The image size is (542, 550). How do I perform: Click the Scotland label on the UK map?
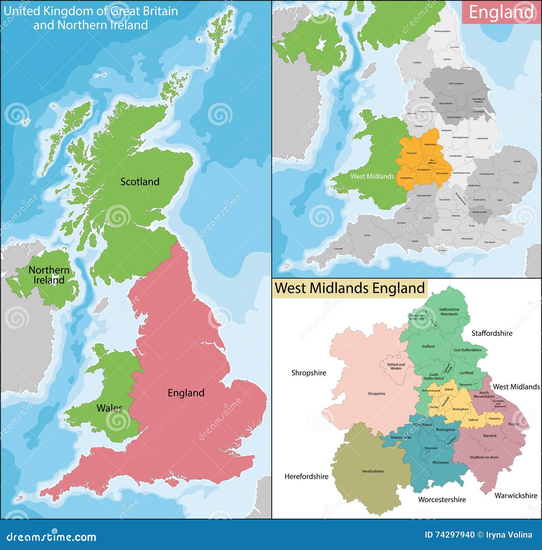tap(140, 182)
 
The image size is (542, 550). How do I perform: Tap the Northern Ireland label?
tap(49, 275)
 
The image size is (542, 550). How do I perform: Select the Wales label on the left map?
tap(109, 408)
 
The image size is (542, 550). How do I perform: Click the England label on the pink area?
tap(186, 393)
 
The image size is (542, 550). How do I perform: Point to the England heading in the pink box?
tap(501, 12)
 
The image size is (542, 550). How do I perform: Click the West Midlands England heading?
tap(350, 288)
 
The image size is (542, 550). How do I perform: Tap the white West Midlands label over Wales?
tap(372, 176)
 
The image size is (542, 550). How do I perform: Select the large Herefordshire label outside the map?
tap(306, 477)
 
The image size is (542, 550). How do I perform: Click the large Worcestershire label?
tap(442, 500)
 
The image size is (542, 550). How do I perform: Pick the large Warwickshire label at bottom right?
tap(516, 496)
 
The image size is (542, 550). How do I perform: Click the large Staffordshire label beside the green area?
tap(492, 334)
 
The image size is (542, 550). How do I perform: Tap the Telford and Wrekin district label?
tap(396, 366)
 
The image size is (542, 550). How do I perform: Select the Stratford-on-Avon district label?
tap(484, 457)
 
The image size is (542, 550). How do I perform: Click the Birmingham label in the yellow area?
tap(460, 409)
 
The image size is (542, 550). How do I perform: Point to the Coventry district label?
tap(494, 418)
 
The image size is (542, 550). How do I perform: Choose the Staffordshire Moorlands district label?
tap(449, 311)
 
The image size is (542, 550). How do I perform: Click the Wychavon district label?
tap(440, 462)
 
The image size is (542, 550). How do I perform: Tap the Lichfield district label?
tap(466, 373)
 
